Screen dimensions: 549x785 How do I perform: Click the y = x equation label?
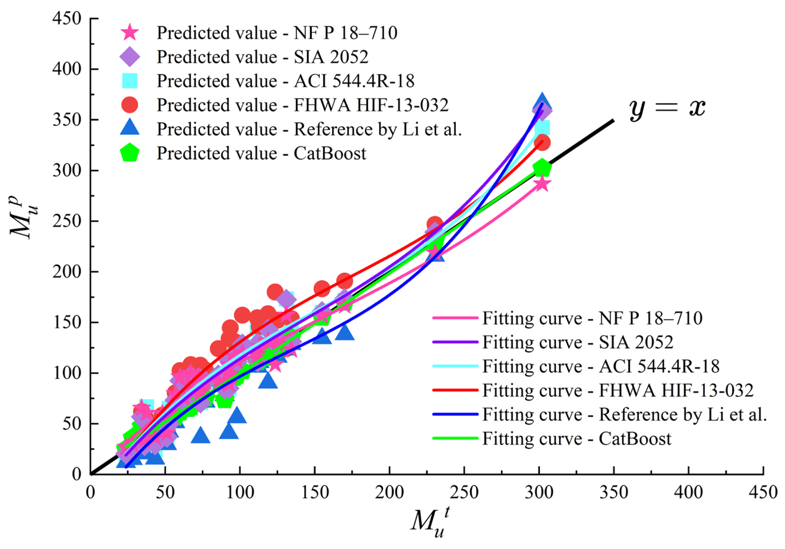(667, 108)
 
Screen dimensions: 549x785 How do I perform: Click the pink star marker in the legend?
(130, 33)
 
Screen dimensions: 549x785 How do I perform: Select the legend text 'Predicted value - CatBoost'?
(261, 153)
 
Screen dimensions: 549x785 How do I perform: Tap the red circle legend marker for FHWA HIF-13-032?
(130, 105)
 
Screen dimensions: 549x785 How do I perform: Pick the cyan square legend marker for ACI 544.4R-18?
(130, 81)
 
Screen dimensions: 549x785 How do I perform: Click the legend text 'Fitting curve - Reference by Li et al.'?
(624, 414)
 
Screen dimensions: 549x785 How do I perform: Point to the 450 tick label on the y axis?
(67, 19)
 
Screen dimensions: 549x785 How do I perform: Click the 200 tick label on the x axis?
(389, 492)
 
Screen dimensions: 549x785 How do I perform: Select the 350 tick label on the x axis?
(614, 492)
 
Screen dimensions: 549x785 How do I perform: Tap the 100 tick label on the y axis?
(67, 373)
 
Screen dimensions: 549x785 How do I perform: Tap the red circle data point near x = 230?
(435, 224)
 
